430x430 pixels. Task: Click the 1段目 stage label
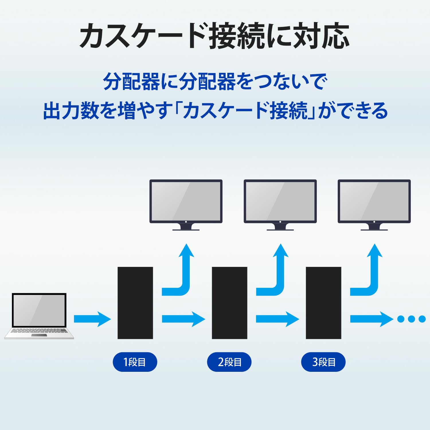[x=135, y=362]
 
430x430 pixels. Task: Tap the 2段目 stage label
[x=229, y=362]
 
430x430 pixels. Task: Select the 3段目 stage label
[x=323, y=362]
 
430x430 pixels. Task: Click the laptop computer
[x=39, y=315]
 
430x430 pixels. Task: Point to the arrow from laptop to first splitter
[x=92, y=319]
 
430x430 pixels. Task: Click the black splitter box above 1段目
[x=135, y=303]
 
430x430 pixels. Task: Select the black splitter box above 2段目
[x=229, y=303]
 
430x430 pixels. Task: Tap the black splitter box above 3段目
[x=323, y=303]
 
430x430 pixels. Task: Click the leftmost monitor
[x=186, y=202]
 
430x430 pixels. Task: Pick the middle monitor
[x=280, y=202]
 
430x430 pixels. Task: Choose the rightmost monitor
[x=374, y=202]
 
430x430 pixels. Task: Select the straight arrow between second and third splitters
[x=277, y=319]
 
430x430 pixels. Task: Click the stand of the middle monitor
[x=280, y=227]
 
